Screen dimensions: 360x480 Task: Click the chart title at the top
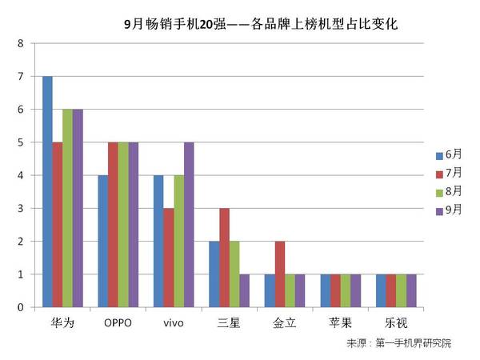tap(262, 24)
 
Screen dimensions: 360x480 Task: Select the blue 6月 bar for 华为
tap(47, 192)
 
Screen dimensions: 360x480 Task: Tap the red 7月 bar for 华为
tap(58, 225)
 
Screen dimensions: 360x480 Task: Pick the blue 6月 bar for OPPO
tap(102, 241)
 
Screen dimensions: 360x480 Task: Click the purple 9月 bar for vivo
tap(188, 225)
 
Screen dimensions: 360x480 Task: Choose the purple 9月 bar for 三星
tap(243, 290)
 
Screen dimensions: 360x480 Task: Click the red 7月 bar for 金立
tap(278, 274)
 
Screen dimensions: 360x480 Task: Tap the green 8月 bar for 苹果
tap(344, 290)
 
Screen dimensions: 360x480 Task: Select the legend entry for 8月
tap(448, 193)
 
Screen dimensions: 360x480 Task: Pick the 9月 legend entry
tap(448, 211)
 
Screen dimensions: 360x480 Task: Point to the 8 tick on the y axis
tap(20, 43)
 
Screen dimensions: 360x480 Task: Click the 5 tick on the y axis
tap(20, 142)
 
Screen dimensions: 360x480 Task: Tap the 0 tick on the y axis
tap(20, 307)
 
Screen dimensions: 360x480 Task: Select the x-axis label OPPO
tap(118, 324)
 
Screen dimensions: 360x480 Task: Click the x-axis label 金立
tap(283, 324)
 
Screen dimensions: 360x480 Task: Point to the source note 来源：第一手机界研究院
tap(399, 344)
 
